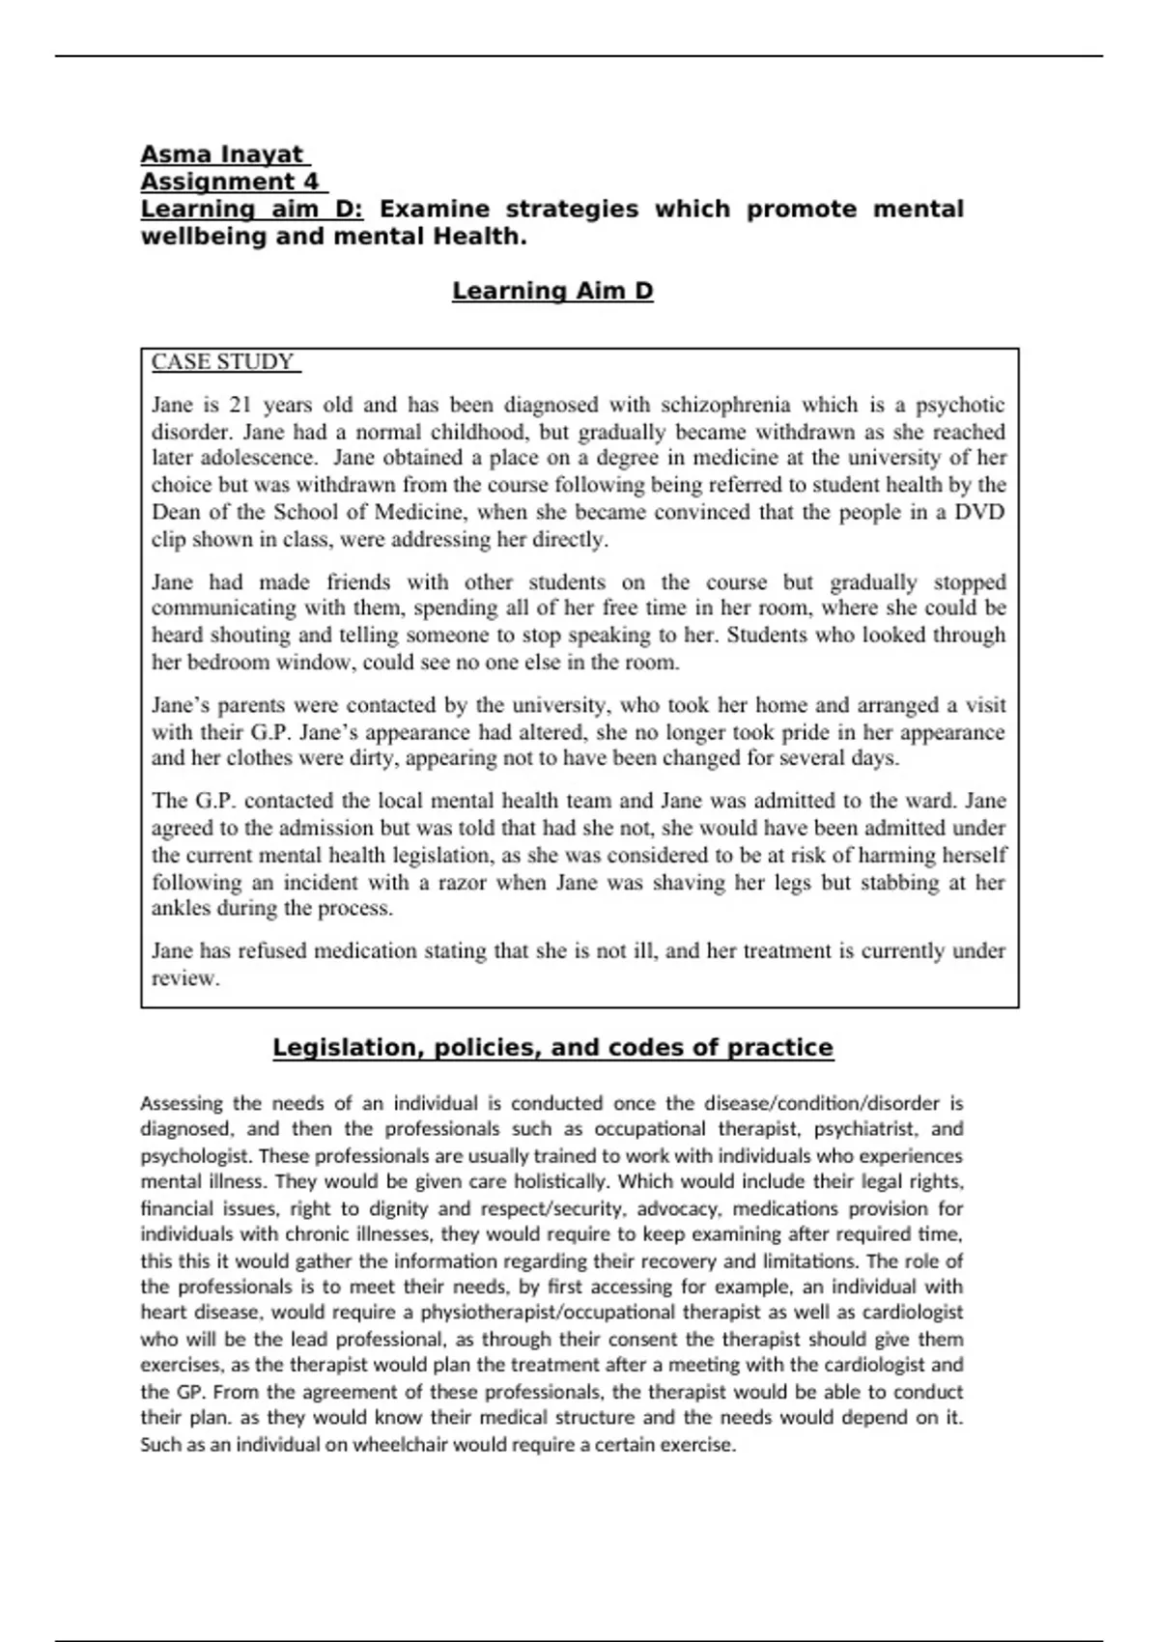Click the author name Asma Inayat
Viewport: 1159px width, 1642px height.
pos(223,155)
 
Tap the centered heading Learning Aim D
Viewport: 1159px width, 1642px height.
pos(552,291)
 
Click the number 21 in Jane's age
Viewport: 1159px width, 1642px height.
pos(241,405)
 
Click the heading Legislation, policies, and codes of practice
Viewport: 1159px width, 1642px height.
pos(552,1048)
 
